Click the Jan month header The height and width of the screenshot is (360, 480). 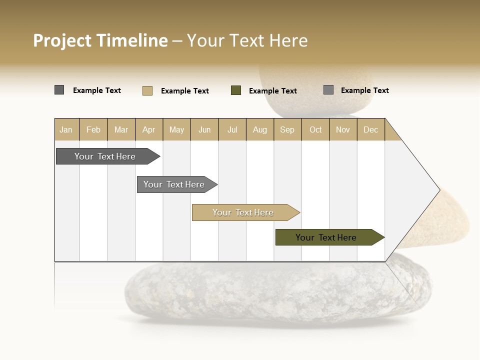click(x=66, y=129)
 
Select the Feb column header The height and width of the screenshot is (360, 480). click(x=93, y=129)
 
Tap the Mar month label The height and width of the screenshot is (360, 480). click(x=121, y=129)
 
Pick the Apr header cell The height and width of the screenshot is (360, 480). click(x=149, y=129)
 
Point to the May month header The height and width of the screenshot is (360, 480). click(x=176, y=129)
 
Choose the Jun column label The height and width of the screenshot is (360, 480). click(x=204, y=129)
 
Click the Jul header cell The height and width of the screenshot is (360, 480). click(x=232, y=129)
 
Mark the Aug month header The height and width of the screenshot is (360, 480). click(x=260, y=129)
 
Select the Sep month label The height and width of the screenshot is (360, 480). click(x=287, y=129)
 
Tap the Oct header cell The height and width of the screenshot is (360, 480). click(x=315, y=129)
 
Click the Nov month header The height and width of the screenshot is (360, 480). click(x=343, y=129)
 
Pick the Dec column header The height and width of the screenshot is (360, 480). click(x=371, y=129)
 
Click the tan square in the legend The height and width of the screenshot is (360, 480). click(x=147, y=90)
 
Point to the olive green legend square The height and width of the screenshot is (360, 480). click(x=236, y=90)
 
